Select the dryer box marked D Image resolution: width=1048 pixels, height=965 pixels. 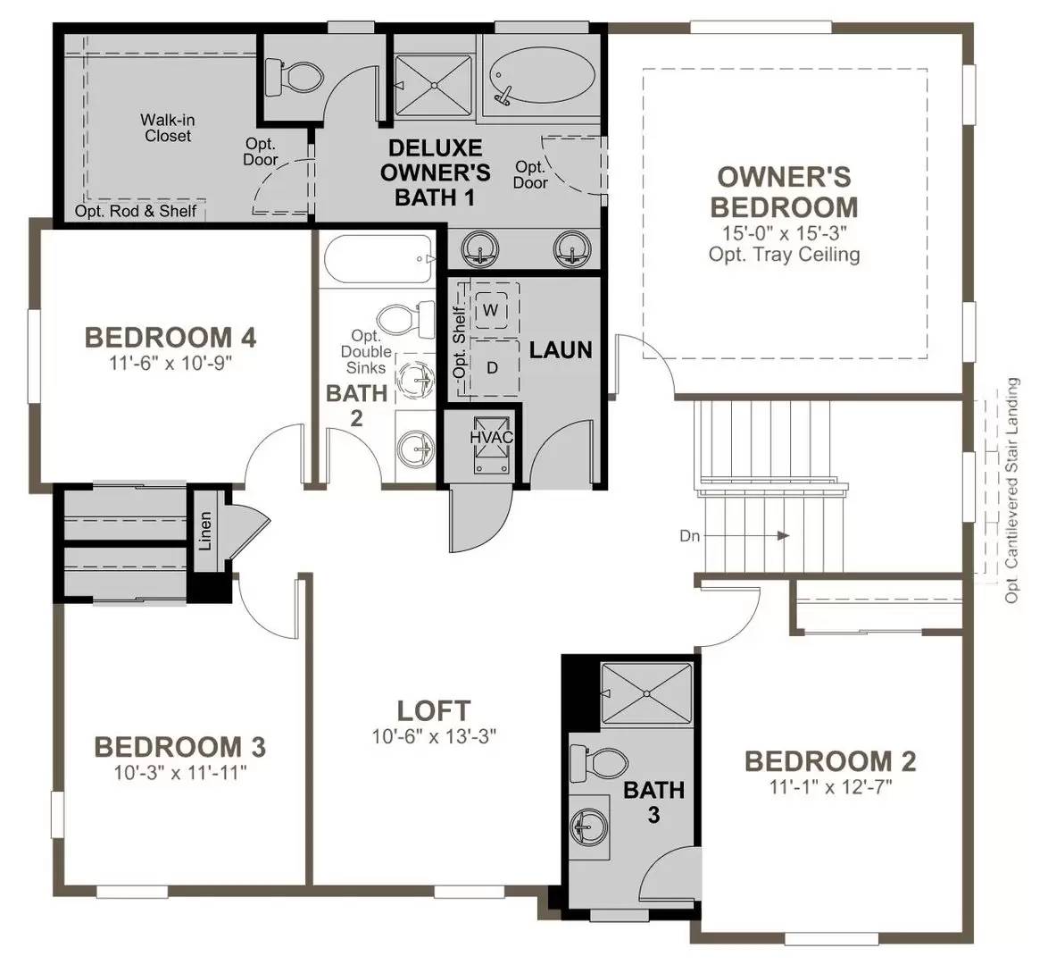(491, 366)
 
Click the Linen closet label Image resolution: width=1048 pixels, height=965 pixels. (205, 530)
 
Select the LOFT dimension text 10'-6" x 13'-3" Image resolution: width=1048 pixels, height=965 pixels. (434, 737)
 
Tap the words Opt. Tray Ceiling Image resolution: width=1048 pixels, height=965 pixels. (784, 254)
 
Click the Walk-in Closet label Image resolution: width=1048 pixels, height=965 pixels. (168, 128)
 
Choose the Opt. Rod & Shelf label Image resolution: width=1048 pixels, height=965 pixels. (136, 212)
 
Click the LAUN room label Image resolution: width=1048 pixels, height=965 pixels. (561, 349)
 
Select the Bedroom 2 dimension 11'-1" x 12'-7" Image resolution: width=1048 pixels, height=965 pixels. (830, 787)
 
